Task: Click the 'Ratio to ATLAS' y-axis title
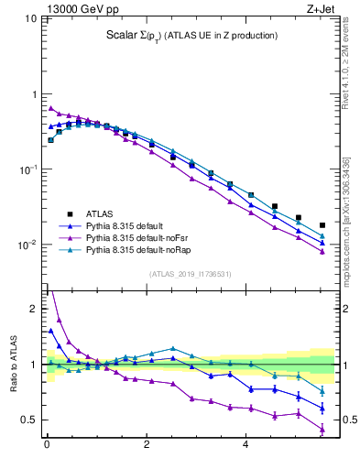tap(13, 364)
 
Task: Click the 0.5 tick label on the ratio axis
tap(29, 420)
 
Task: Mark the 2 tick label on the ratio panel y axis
tap(33, 309)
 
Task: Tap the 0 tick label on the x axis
tap(47, 446)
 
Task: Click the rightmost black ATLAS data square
tap(322, 225)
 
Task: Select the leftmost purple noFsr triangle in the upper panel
tap(50, 108)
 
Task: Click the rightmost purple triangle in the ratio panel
tap(322, 429)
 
